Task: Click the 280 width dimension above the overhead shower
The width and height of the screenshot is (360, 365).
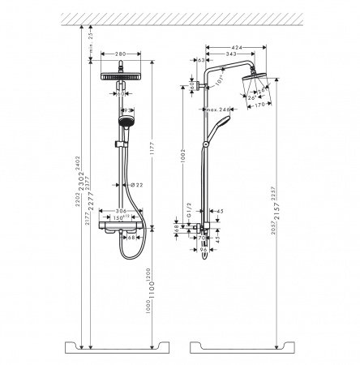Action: click(x=120, y=55)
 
